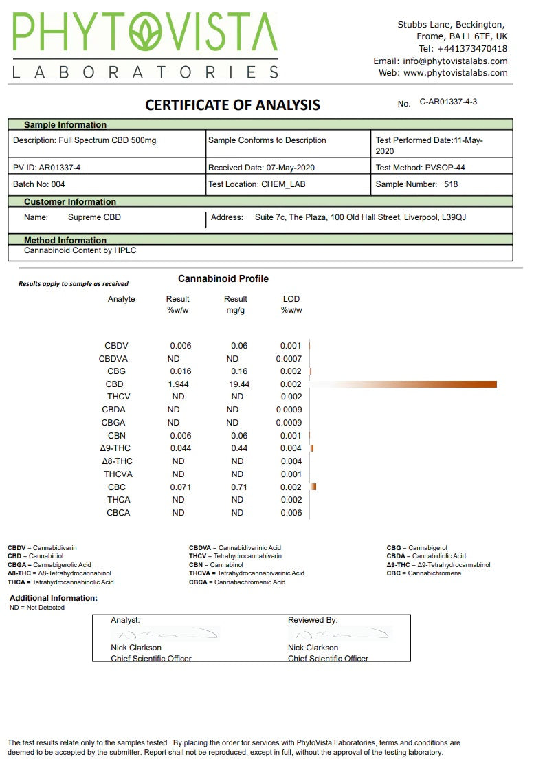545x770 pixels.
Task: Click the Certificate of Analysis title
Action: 232,105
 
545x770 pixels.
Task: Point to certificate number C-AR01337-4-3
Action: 448,102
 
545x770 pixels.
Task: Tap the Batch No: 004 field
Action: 39,184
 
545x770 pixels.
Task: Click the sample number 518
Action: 451,184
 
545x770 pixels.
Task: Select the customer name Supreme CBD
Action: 95,217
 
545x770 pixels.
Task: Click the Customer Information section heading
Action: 70,201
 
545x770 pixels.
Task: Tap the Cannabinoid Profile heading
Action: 223,278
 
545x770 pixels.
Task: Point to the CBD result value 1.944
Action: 178,384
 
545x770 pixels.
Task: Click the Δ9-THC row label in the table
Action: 115,448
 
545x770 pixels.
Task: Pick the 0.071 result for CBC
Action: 180,487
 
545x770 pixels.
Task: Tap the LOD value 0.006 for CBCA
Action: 291,513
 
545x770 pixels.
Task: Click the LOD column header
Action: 291,299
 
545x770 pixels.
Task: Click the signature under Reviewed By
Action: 340,633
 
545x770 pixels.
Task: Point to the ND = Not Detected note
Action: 37,608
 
